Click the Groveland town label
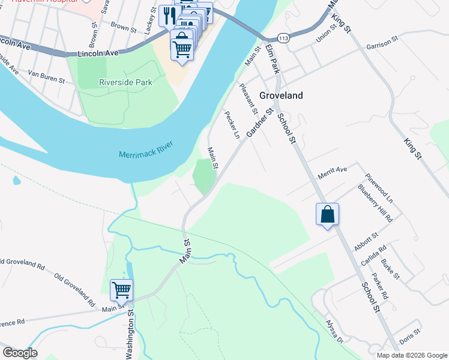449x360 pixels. [x=281, y=95]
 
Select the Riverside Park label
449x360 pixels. [x=126, y=82]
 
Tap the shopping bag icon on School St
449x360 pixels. [x=328, y=214]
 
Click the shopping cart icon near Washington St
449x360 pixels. [x=121, y=290]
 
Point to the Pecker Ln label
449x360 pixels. [x=232, y=124]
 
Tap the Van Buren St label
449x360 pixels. [x=46, y=77]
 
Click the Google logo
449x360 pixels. [x=20, y=353]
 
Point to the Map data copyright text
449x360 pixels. [x=412, y=355]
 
